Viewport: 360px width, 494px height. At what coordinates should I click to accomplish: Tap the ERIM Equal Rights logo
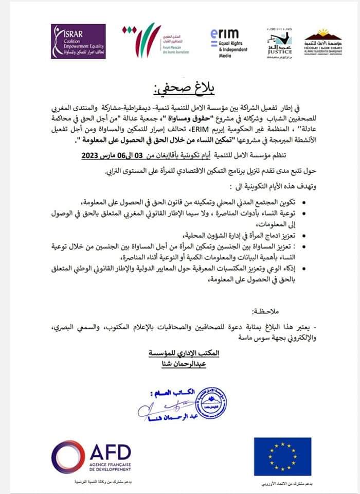229,41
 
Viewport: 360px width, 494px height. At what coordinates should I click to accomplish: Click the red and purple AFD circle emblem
68,456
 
